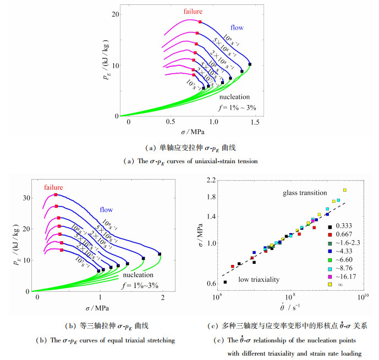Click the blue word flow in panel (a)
[x=237, y=27]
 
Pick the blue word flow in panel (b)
[x=107, y=209]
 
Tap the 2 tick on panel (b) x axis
[x=163, y=297]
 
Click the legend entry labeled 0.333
[x=338, y=226]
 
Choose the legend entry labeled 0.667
[x=338, y=235]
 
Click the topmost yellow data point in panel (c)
[x=344, y=190]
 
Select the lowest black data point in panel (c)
[x=225, y=282]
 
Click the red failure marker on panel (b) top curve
[x=56, y=195]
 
